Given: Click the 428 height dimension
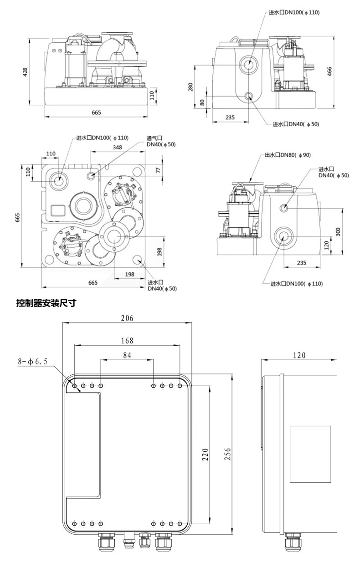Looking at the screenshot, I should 26,71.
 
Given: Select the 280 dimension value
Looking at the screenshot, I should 190,87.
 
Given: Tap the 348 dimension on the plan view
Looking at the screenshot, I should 118,147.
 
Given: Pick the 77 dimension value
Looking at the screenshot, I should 159,170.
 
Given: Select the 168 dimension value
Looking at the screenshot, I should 127,341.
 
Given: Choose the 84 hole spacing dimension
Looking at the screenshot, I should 127,355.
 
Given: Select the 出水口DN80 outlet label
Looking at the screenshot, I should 287,155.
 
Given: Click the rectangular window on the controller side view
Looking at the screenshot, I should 310,454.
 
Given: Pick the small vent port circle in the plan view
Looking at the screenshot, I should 92,175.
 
